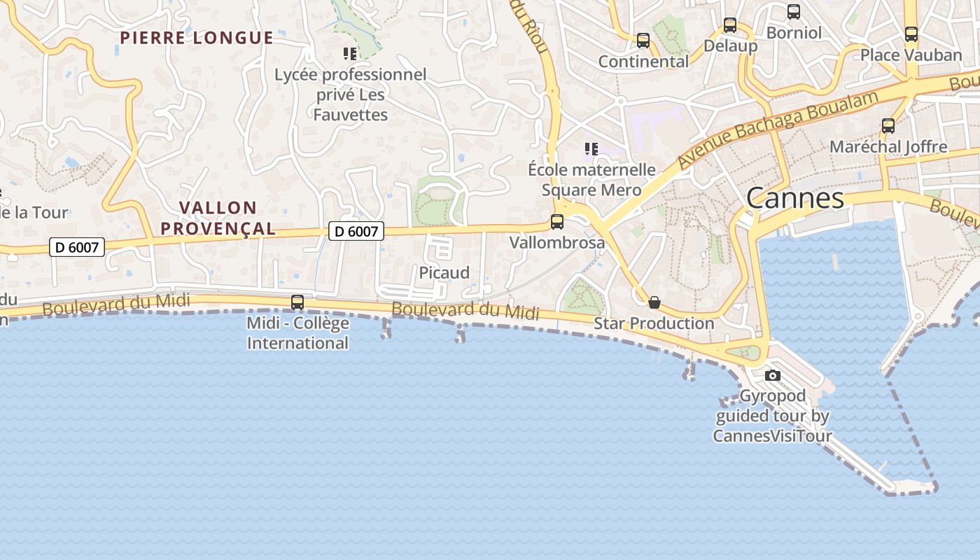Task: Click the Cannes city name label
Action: [795, 198]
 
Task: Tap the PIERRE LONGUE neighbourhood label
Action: [197, 38]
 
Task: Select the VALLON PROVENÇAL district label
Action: [218, 218]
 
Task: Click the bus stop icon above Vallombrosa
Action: [557, 222]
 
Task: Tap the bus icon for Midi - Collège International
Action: [297, 302]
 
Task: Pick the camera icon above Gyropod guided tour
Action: [773, 375]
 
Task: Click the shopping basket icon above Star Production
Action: [654, 302]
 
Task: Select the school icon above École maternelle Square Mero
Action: [591, 148]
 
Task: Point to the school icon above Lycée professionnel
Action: [350, 53]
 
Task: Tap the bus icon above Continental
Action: [643, 41]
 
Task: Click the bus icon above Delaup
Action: [730, 25]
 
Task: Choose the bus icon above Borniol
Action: [794, 12]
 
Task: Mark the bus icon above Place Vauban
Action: [911, 34]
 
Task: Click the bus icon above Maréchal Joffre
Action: [888, 126]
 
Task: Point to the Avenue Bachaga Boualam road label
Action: [777, 129]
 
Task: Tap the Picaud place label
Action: [444, 273]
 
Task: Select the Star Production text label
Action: [654, 323]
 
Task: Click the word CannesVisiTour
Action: [773, 436]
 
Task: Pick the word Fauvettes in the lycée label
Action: [350, 114]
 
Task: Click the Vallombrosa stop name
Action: [557, 243]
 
